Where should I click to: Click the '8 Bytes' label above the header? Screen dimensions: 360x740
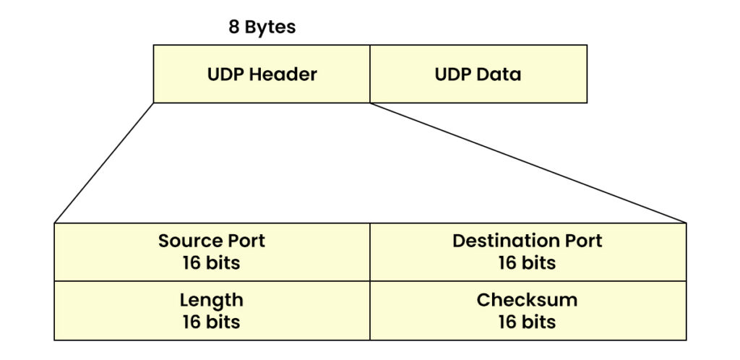tap(262, 28)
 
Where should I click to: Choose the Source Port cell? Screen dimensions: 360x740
tap(212, 252)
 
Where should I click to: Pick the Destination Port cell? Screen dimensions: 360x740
tap(528, 252)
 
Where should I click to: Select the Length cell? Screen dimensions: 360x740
tap(212, 310)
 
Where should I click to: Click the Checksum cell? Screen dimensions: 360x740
tap(528, 310)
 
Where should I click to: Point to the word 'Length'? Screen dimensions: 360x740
tap(211, 300)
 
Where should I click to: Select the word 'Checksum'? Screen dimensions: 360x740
tap(527, 300)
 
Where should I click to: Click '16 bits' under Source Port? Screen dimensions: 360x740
tap(211, 262)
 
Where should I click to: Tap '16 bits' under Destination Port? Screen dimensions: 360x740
tap(527, 262)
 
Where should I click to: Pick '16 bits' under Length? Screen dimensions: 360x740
tap(211, 322)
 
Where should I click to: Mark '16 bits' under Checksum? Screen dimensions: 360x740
tap(527, 322)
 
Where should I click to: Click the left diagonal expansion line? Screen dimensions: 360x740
tap(103, 163)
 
